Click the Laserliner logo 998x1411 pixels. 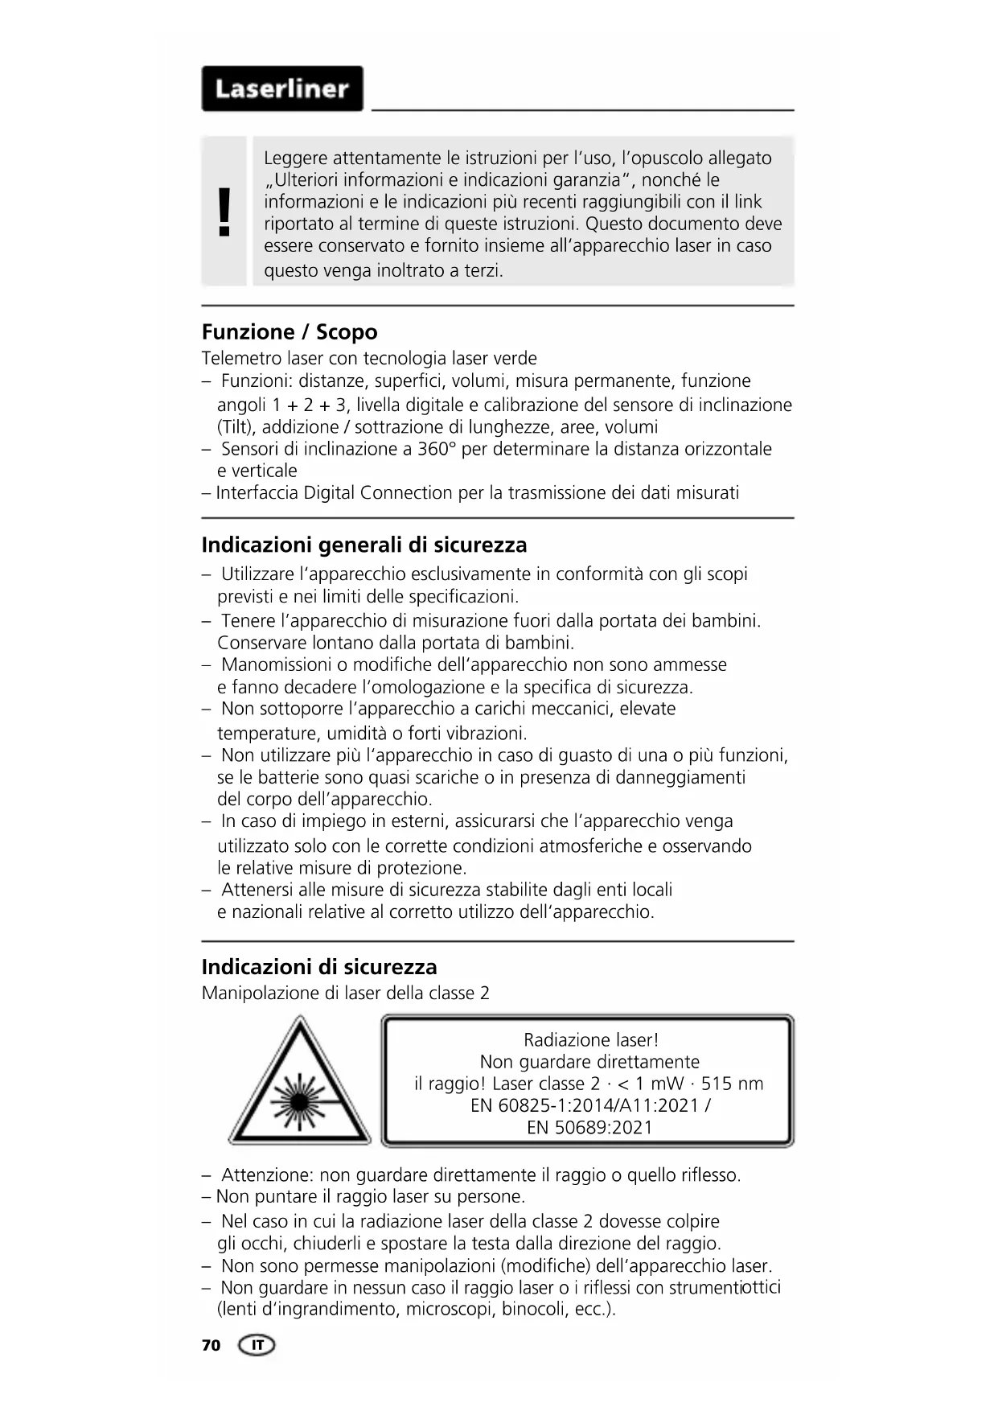281,88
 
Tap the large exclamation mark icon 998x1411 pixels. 224,212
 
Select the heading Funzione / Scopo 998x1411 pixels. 289,332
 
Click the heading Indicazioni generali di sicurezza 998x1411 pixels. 363,545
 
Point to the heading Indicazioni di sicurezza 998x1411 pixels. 318,967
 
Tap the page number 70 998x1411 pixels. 211,1345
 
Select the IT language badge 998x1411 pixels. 257,1345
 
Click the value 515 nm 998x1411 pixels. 732,1084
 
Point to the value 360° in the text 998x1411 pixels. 437,449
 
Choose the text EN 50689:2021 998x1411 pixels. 589,1127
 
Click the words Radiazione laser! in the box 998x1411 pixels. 590,1040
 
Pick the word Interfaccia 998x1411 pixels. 257,492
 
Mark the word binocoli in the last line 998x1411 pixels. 535,1309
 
